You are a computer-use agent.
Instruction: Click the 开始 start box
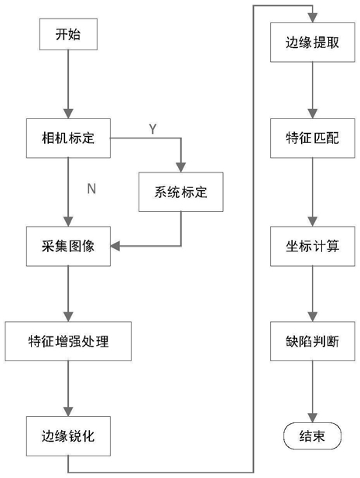click(x=68, y=34)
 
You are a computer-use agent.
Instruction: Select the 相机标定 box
click(x=68, y=138)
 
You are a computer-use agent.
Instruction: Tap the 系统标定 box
click(x=181, y=192)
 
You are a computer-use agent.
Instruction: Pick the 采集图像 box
click(x=68, y=246)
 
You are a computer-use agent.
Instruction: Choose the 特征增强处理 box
click(x=68, y=341)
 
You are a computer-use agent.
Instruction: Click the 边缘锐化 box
click(x=68, y=436)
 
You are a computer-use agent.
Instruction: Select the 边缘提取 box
click(x=313, y=43)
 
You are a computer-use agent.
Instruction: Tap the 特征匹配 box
click(x=313, y=138)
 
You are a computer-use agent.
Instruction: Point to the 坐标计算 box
click(x=313, y=246)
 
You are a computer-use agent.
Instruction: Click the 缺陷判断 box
click(x=313, y=341)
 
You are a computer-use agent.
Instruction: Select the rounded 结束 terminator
click(x=313, y=436)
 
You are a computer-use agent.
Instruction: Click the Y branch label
click(x=153, y=129)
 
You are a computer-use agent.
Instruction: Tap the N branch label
click(x=91, y=189)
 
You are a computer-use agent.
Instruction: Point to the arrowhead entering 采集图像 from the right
click(x=115, y=246)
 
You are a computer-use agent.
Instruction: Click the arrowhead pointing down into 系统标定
click(x=181, y=167)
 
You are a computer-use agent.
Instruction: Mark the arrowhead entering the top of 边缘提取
click(x=313, y=18)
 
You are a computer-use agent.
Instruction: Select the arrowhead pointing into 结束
click(x=313, y=418)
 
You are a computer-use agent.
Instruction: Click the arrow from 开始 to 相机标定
click(x=68, y=84)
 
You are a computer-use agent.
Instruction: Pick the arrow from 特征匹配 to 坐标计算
click(x=313, y=192)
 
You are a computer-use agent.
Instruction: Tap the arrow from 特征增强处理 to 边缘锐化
click(x=68, y=389)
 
